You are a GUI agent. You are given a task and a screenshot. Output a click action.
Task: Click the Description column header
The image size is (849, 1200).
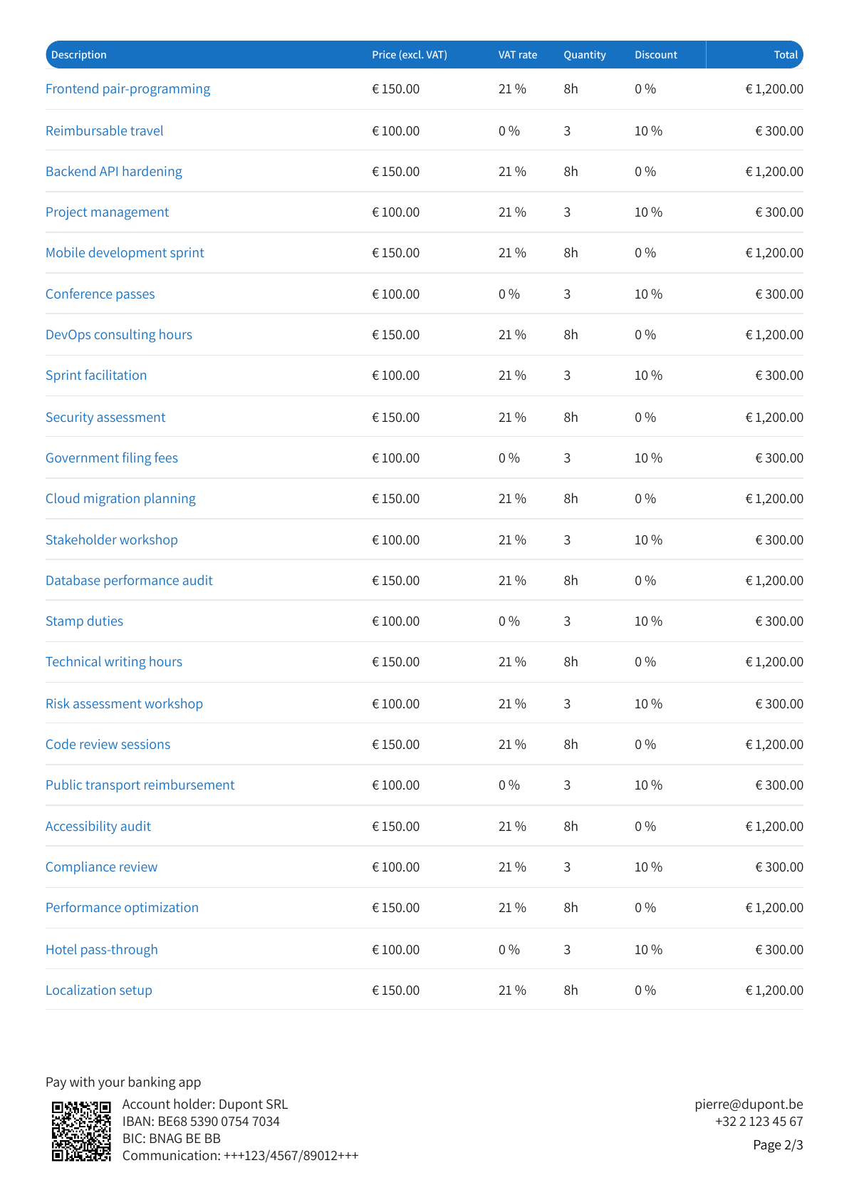78,55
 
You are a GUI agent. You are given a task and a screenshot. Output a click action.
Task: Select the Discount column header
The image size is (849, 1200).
656,55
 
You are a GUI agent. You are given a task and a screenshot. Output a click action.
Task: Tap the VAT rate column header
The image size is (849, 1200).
518,55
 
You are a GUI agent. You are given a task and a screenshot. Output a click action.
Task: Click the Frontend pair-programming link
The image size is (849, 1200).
128,89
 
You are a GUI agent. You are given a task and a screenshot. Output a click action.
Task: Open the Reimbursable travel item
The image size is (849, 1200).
105,130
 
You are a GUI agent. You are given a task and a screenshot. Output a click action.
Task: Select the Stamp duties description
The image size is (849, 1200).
84,621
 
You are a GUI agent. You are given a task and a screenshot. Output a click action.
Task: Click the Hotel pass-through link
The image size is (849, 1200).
102,949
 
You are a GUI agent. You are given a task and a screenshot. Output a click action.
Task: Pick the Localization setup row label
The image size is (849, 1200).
99,990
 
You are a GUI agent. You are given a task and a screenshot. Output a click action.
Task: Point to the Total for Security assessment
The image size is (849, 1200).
774,417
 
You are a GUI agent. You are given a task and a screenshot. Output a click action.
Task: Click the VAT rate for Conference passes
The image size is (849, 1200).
509,294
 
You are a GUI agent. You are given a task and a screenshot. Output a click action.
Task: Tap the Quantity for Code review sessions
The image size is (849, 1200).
571,744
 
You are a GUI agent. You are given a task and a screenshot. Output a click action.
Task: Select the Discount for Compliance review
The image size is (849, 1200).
648,867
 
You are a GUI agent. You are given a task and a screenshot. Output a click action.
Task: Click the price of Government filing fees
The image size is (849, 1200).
395,458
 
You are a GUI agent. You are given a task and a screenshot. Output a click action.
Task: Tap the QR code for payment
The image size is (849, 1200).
81,1131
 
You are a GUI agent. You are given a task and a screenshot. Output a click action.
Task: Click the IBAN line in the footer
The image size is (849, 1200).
201,1121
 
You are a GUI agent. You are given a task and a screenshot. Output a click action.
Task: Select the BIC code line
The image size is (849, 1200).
172,1139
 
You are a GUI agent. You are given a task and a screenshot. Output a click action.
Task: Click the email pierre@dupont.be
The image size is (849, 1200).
749,1104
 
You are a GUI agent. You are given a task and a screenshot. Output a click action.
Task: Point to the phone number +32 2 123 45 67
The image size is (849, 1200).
759,1121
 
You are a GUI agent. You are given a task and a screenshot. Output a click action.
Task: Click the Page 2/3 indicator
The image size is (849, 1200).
778,1145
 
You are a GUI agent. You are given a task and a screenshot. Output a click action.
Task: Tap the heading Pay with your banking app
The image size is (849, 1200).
123,1082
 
